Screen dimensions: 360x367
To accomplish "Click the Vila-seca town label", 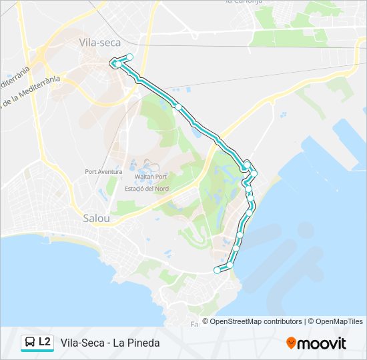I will tap(98, 42).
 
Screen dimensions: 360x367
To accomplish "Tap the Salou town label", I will tap(97, 218).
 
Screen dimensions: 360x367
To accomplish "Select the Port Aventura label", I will tap(103, 171).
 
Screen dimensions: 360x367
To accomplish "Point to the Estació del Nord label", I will tap(147, 189).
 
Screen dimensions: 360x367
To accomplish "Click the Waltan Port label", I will tap(150, 177).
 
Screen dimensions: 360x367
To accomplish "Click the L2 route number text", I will tap(45, 342).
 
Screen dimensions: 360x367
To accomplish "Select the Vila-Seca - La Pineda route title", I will tap(110, 343).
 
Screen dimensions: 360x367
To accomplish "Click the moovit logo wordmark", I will tap(322, 343).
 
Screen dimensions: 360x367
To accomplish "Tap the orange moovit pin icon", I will tap(291, 343).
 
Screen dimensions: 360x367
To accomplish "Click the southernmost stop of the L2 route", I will tap(216, 270).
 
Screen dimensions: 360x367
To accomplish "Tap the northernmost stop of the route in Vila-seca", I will tap(130, 57).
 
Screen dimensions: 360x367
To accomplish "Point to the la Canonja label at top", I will tap(244, 2).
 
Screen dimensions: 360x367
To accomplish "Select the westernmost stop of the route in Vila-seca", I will tap(115, 64).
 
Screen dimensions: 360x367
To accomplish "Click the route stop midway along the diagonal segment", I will tap(178, 107).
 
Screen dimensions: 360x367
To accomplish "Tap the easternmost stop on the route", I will tap(254, 173).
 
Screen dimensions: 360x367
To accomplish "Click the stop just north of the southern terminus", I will tap(230, 265).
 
